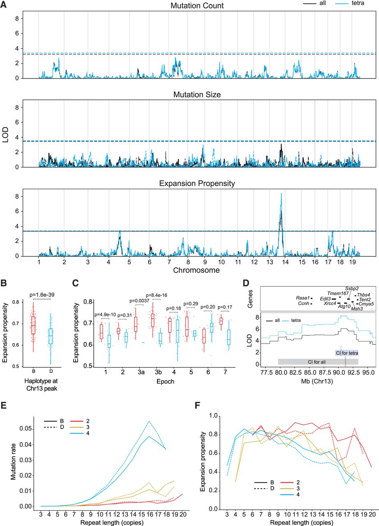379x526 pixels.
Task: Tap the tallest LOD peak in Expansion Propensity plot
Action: (x=281, y=194)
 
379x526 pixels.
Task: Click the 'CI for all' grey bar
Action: (x=318, y=361)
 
